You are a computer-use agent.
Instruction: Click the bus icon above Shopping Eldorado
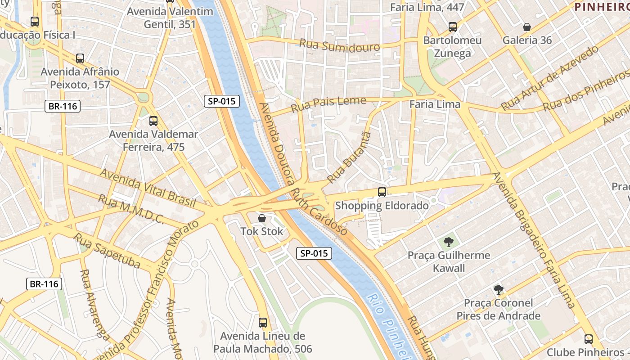pos(382,192)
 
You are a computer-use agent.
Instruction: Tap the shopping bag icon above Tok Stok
pos(261,218)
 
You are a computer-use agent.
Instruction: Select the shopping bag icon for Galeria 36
pos(527,27)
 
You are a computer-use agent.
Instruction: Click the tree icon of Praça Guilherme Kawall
pos(448,243)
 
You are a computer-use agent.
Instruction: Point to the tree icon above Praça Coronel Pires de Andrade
pos(498,290)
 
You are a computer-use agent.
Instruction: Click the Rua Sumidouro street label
pos(339,45)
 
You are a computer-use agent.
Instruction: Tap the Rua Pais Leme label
pos(328,104)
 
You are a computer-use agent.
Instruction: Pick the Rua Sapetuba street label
pos(107,251)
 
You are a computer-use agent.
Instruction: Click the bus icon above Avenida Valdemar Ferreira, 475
pos(153,121)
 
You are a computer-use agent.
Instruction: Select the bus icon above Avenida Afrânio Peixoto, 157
pos(80,58)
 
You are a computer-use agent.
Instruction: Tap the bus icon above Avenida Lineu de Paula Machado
pos(263,323)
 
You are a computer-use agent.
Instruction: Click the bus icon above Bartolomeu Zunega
pos(453,27)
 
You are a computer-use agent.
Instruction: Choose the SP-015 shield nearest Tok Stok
pos(315,253)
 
